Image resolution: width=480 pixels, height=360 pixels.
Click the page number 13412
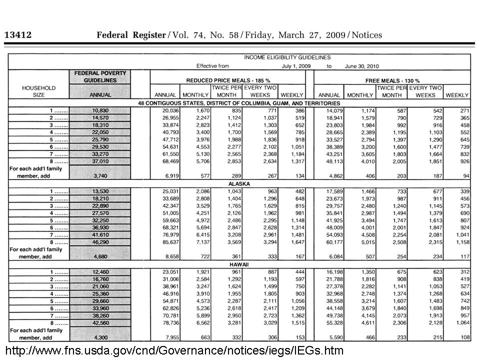(x=18, y=35)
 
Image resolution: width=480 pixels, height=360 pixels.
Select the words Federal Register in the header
(x=130, y=35)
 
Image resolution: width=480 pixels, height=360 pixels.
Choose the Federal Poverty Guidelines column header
(x=100, y=76)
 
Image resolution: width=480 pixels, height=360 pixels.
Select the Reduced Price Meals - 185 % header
(x=228, y=80)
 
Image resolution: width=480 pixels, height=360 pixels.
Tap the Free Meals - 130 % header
(x=393, y=80)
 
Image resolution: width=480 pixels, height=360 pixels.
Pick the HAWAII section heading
(x=240, y=264)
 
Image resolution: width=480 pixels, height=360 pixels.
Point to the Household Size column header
(x=38, y=91)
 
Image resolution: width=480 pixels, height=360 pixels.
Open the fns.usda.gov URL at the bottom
(x=174, y=350)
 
